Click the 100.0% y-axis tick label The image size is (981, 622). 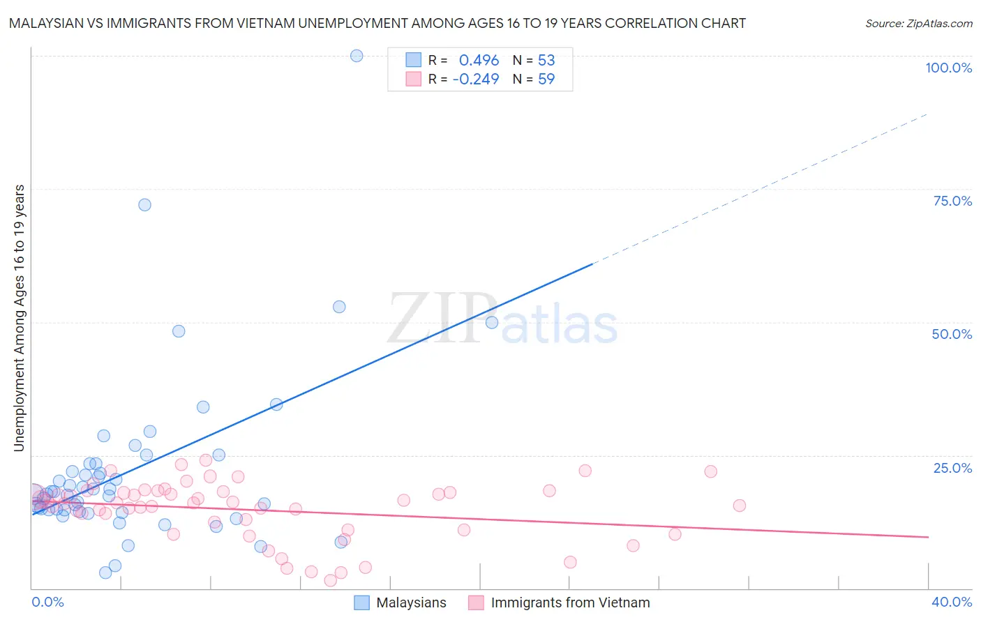(948, 68)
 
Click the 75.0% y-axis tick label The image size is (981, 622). (952, 201)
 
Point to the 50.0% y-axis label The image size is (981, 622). (952, 334)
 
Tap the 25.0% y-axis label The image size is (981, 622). (952, 468)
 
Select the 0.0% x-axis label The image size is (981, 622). (47, 602)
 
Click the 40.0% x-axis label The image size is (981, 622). (952, 602)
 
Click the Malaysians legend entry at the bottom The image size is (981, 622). (411, 602)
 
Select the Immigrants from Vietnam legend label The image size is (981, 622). (570, 602)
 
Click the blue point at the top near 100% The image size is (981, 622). (357, 56)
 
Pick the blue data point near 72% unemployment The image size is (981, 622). (144, 205)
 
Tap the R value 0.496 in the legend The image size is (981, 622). (479, 60)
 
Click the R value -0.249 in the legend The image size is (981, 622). (476, 79)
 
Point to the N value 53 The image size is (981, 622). (546, 60)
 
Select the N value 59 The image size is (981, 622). (546, 79)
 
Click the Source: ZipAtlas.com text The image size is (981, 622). (918, 23)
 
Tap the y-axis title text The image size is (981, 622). (19, 318)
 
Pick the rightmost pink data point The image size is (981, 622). (739, 506)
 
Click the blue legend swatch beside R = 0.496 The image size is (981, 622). (414, 60)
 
